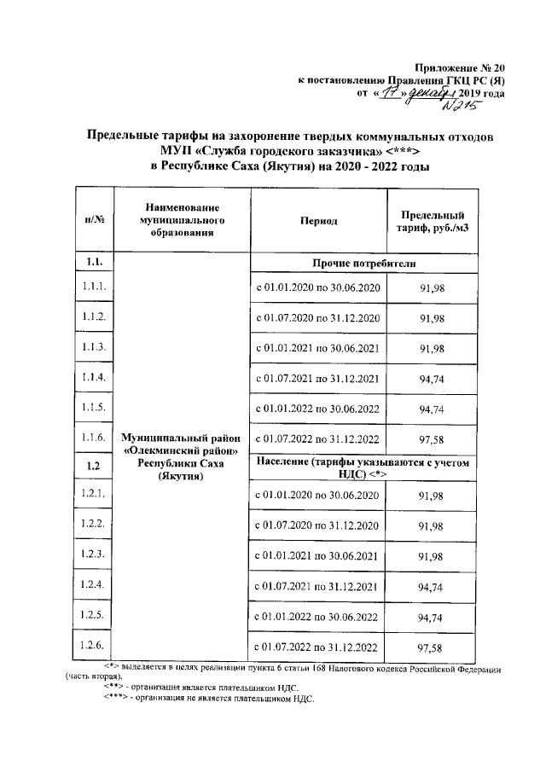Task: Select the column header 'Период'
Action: pyautogui.click(x=317, y=220)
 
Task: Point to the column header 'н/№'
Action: pyautogui.click(x=95, y=220)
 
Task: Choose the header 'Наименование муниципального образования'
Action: pyautogui.click(x=183, y=219)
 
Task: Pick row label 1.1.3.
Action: pyautogui.click(x=95, y=347)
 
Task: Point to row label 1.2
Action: pyautogui.click(x=95, y=466)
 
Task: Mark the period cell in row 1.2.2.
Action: pyautogui.click(x=318, y=525)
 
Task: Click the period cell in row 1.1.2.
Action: pyautogui.click(x=318, y=317)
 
